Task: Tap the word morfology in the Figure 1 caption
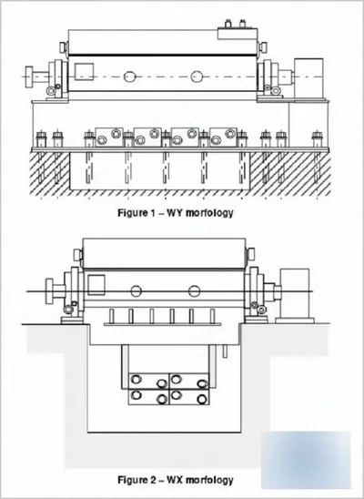coord(209,213)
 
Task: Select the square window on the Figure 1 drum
coord(84,72)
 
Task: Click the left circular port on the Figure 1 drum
coord(130,76)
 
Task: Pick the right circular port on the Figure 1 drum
coord(197,76)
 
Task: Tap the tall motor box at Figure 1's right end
coord(308,78)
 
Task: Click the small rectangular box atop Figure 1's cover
coord(238,34)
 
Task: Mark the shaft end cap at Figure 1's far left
coord(29,76)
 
